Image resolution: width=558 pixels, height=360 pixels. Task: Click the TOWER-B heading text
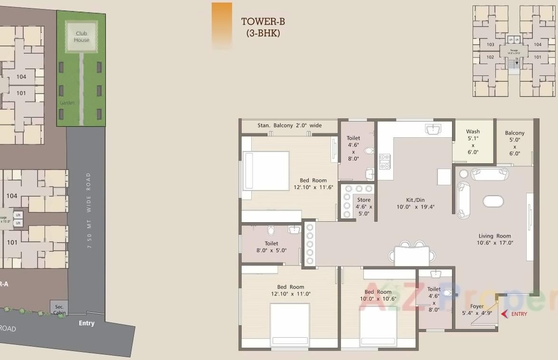pyautogui.click(x=263, y=21)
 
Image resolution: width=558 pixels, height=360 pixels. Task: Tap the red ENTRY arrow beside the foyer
pyautogui.click(x=505, y=313)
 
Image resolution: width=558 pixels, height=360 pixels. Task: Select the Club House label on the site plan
pyautogui.click(x=82, y=37)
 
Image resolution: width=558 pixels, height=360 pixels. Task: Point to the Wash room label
pyautogui.click(x=473, y=132)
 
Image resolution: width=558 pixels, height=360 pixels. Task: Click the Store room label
pyautogui.click(x=364, y=200)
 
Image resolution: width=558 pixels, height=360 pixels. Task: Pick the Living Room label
pyautogui.click(x=495, y=236)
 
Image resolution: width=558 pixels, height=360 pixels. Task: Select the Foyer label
pyautogui.click(x=477, y=306)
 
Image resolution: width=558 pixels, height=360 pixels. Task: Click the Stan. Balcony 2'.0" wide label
pyautogui.click(x=289, y=125)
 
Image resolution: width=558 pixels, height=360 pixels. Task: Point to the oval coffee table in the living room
pyautogui.click(x=493, y=201)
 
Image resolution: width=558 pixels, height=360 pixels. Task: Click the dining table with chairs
pyautogui.click(x=412, y=256)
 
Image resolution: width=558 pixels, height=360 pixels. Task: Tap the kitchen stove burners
pyautogui.click(x=384, y=161)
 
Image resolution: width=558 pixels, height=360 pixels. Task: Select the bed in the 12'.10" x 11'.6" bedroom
pyautogui.click(x=266, y=171)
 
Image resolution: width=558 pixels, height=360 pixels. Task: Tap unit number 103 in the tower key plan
pyautogui.click(x=491, y=45)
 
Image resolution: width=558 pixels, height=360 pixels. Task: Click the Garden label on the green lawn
pyautogui.click(x=67, y=103)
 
